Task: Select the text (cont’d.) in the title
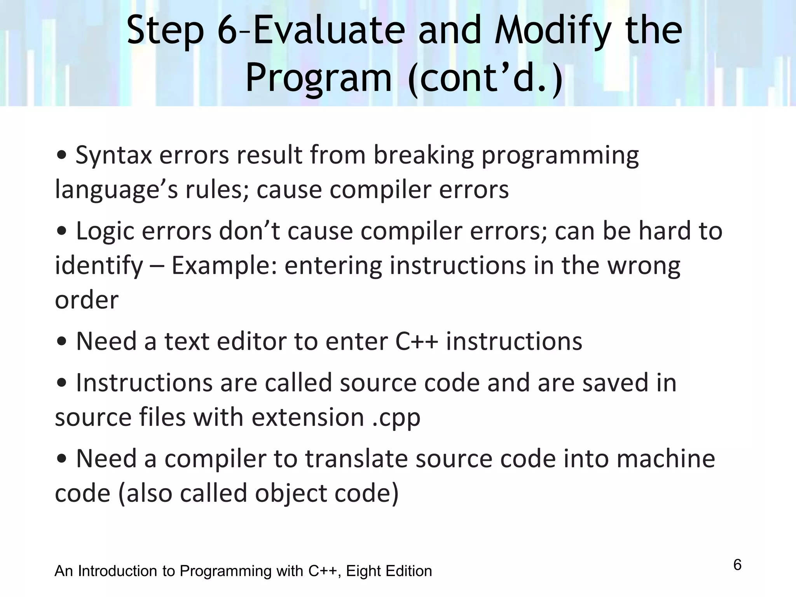pos(486,78)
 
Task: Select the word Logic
pos(105,231)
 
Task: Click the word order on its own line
pos(86,300)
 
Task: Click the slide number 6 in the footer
pos(737,565)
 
